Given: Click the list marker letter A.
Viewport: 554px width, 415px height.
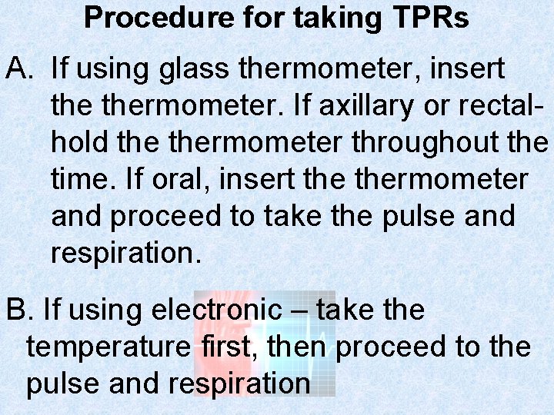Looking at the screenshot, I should click(18, 68).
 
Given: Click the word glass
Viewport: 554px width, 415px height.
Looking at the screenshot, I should click(194, 69).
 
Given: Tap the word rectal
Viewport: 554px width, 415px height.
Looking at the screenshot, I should click(507, 105).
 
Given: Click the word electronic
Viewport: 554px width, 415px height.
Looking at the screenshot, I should click(217, 310).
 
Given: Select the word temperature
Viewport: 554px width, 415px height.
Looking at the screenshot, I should click(107, 347).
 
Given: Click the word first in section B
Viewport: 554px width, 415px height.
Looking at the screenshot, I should click(225, 347).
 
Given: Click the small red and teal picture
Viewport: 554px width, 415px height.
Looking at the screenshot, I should click(265, 344).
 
